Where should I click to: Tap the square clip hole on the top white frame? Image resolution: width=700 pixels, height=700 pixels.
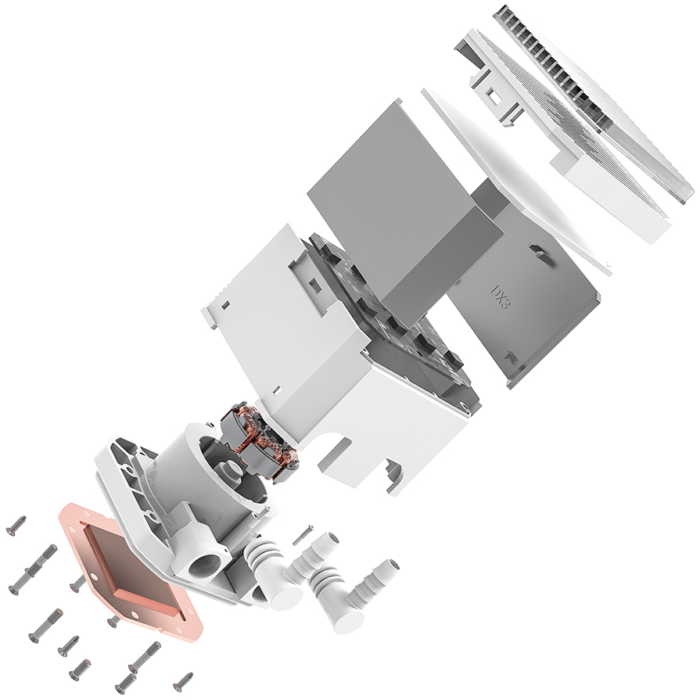pyautogui.click(x=494, y=98)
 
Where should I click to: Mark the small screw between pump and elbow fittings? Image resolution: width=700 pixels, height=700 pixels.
pyautogui.click(x=303, y=535)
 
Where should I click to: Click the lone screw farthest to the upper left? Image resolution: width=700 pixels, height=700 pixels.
pyautogui.click(x=16, y=525)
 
